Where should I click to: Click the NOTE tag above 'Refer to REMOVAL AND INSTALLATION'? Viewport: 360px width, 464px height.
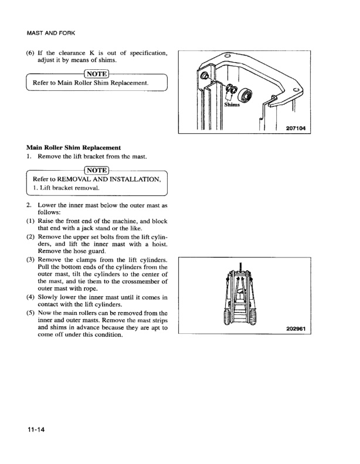(x=97, y=170)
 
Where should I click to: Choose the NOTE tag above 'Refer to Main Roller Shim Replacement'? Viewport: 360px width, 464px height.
(x=97, y=73)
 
